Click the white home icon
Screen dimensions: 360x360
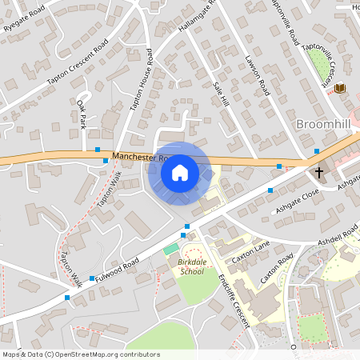coord(180,172)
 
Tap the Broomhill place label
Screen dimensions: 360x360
coord(327,125)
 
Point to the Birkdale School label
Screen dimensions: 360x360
coord(191,266)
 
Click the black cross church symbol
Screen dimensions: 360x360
coord(319,171)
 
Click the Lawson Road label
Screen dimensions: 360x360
coord(258,75)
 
